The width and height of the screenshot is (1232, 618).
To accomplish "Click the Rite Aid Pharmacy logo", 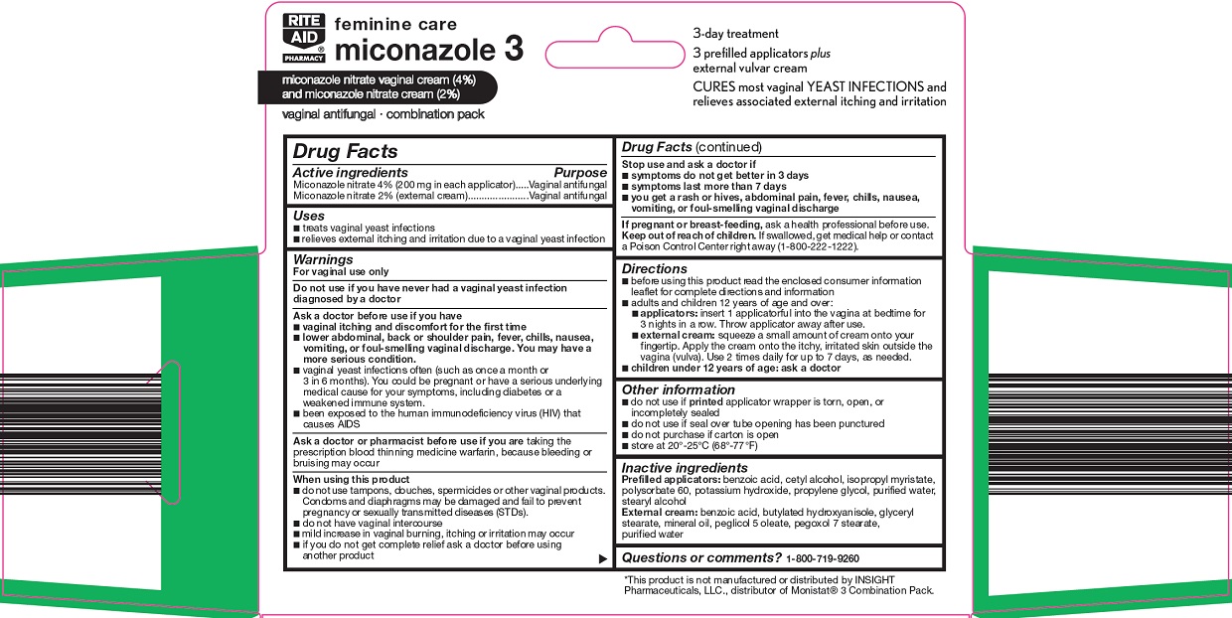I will (303, 39).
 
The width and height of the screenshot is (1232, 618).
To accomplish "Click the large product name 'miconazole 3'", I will (429, 50).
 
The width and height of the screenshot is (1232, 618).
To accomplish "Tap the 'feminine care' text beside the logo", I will (395, 24).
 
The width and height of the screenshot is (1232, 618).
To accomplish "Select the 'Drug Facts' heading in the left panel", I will (345, 151).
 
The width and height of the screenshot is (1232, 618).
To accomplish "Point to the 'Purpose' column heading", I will (579, 173).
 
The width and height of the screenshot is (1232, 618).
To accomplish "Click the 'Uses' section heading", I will (309, 216).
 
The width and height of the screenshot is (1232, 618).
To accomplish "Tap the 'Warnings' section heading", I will (323, 259).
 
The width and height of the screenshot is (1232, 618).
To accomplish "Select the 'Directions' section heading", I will (655, 269).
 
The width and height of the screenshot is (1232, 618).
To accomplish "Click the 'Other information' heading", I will (679, 389).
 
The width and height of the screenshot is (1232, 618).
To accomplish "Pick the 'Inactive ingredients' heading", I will (685, 468).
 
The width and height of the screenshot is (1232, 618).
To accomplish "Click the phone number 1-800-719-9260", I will (822, 558).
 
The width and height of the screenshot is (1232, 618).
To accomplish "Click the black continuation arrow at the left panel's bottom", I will (602, 559).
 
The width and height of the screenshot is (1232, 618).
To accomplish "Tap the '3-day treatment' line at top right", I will (736, 34).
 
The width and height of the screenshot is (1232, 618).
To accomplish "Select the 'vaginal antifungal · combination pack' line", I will (384, 114).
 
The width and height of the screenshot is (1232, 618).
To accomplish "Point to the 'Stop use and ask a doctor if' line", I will (690, 164).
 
